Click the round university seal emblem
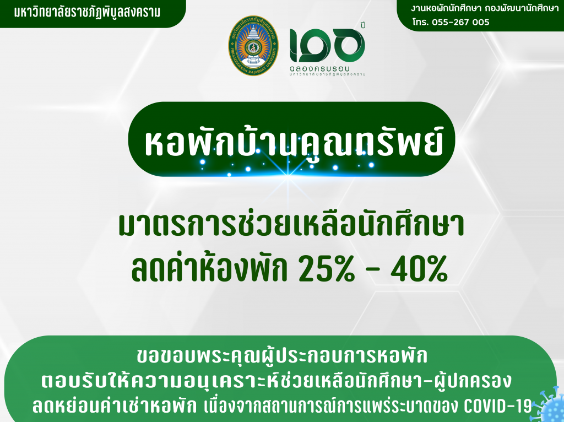point(253,46)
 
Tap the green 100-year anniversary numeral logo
point(327,45)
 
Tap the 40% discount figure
point(419,269)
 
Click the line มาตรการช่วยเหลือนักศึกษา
point(292,225)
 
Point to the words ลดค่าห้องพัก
point(210,268)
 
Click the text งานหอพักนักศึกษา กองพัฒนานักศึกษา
point(485,9)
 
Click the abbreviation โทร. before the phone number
point(420,22)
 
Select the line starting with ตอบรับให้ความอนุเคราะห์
point(276,381)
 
